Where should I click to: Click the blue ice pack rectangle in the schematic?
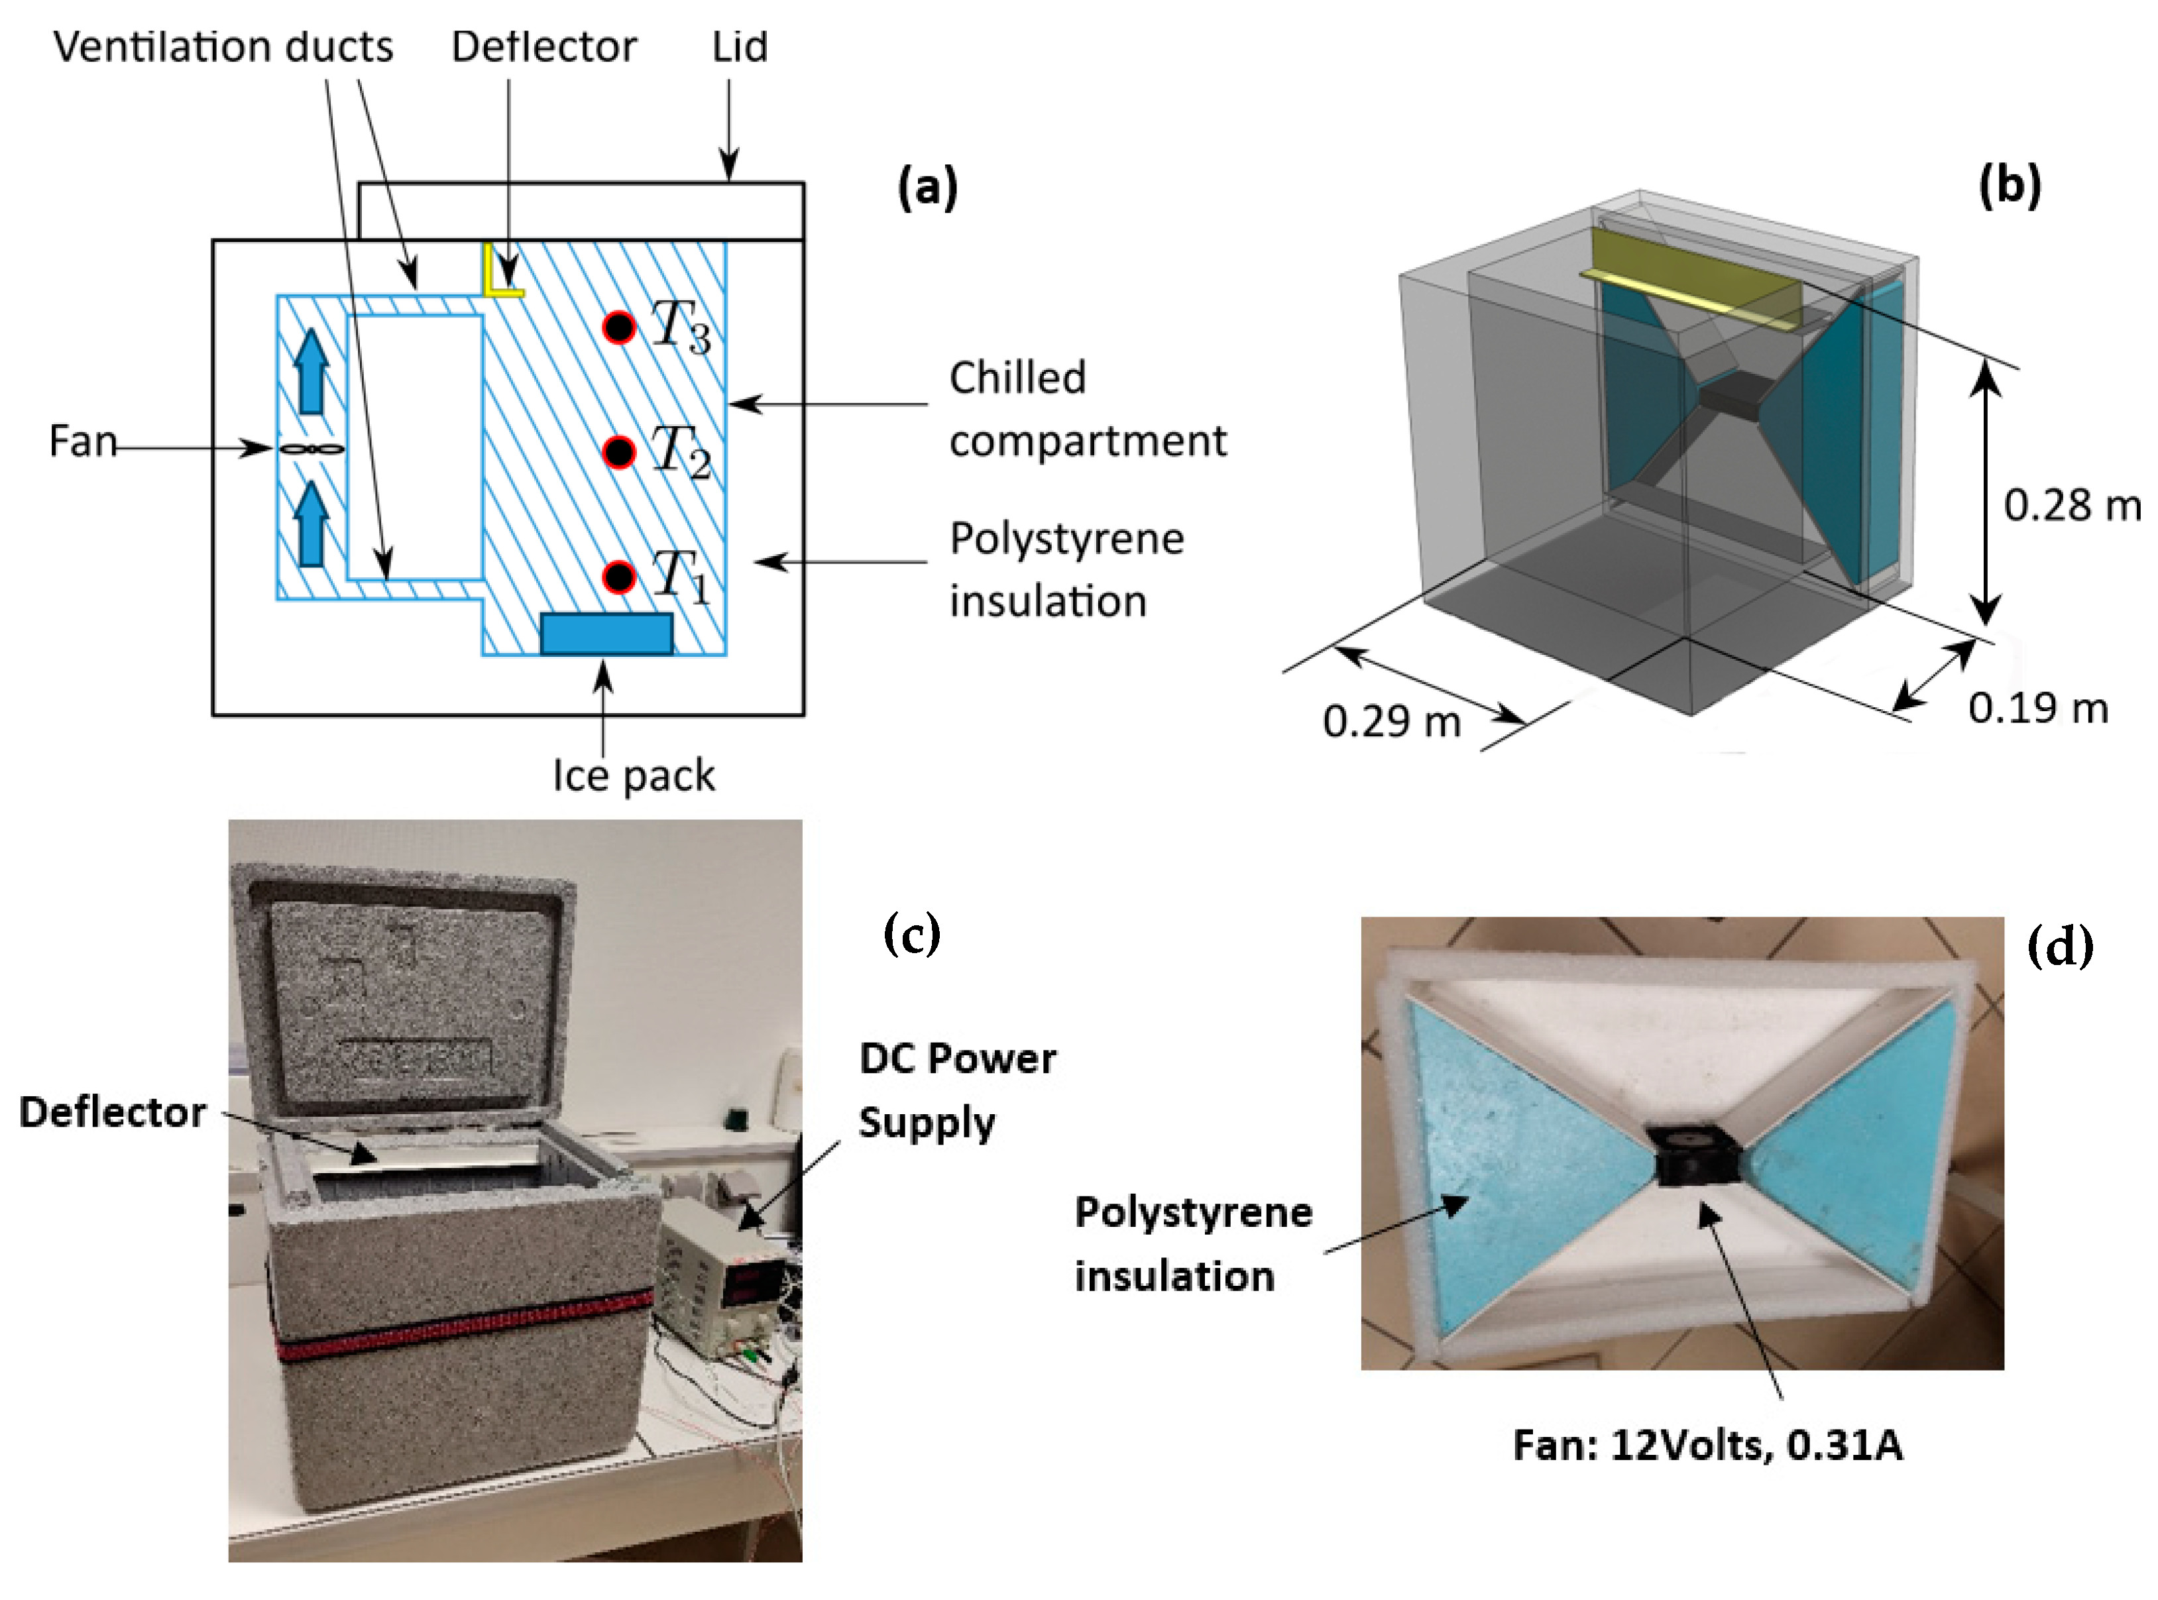click(606, 634)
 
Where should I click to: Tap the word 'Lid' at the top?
click(740, 46)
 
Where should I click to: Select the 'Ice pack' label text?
click(634, 775)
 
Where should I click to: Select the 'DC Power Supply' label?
click(956, 1090)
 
